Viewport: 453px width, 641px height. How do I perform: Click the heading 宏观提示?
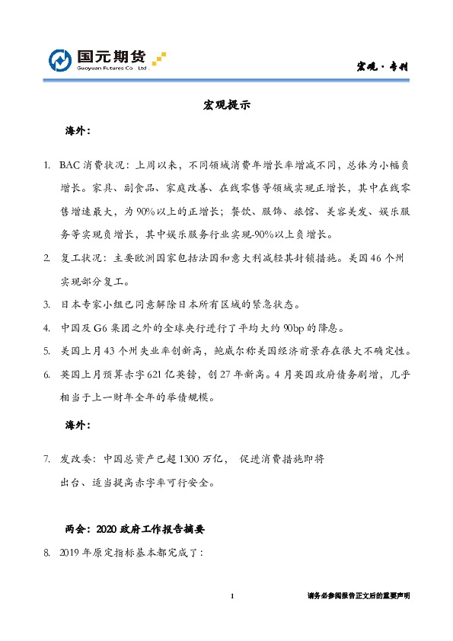[226, 105]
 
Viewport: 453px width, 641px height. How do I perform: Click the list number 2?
[46, 258]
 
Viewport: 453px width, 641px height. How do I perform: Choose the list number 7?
[46, 459]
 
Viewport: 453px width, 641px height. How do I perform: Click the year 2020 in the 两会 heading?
[107, 528]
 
